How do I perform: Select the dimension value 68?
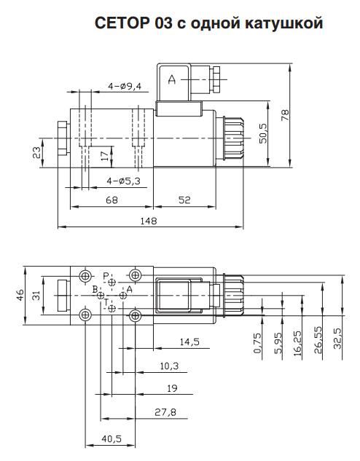click(111, 200)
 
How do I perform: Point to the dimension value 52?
click(184, 200)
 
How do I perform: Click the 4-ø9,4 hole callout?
click(123, 86)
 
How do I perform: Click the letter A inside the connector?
click(173, 80)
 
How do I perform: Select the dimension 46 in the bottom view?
click(19, 295)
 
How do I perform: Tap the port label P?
click(106, 276)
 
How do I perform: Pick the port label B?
click(95, 290)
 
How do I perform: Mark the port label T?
click(105, 302)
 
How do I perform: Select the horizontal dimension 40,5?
click(111, 438)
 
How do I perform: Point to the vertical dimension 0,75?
click(257, 343)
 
